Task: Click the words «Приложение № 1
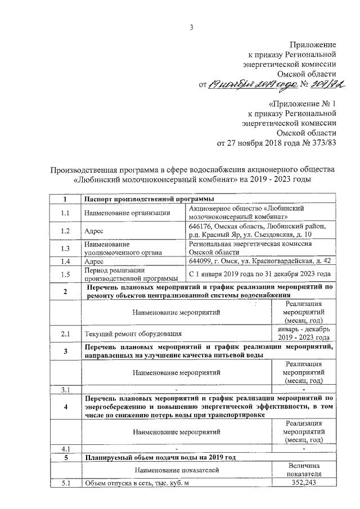click(x=303, y=103)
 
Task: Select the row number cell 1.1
click(x=65, y=212)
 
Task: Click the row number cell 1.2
click(x=65, y=231)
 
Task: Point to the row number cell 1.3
click(x=65, y=249)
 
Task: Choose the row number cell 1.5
click(x=65, y=274)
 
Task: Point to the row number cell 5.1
click(x=65, y=483)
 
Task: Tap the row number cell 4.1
click(x=65, y=449)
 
